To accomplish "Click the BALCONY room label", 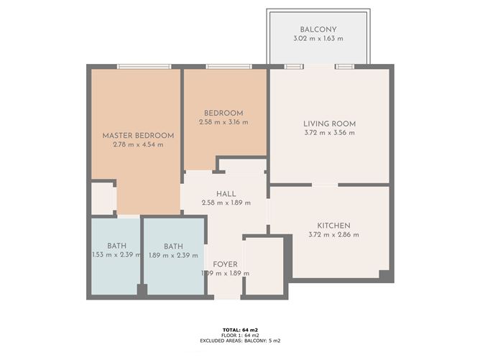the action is click(x=318, y=29).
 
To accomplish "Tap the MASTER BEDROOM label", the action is click(x=138, y=136).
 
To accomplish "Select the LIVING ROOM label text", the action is click(x=330, y=124).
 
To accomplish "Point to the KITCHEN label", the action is click(x=333, y=226).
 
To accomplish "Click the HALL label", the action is click(x=226, y=194).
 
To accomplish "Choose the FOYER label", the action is click(x=225, y=264).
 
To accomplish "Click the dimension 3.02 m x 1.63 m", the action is click(x=318, y=39).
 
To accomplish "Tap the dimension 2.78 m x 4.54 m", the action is click(x=138, y=145).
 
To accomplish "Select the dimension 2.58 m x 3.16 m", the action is click(x=223, y=122).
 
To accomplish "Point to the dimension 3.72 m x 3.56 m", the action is click(x=330, y=133).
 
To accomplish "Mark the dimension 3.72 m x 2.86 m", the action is click(x=333, y=235).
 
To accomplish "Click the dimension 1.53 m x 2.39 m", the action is click(x=116, y=254).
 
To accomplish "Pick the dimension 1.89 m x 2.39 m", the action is click(x=173, y=255).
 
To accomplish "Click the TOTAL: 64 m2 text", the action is click(x=240, y=330).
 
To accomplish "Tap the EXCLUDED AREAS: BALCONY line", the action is click(x=240, y=341).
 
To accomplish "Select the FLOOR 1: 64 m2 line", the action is click(x=240, y=335).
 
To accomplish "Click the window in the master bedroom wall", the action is click(x=144, y=66).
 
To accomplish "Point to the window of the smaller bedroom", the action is click(x=229, y=66).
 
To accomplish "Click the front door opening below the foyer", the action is click(x=227, y=297).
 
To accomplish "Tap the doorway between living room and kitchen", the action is click(x=325, y=185).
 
